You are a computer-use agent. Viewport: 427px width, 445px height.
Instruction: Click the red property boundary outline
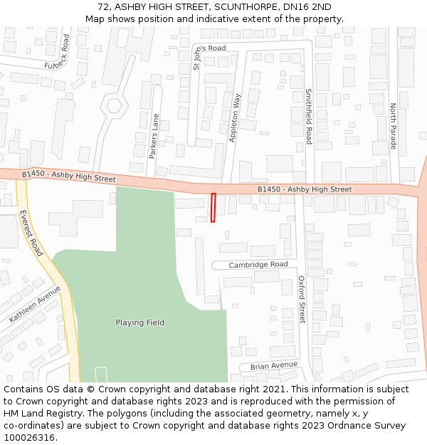coord(213,207)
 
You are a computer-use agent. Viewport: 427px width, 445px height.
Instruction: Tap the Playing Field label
coord(140,323)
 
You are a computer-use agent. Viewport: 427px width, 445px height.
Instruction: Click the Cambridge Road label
coord(258,265)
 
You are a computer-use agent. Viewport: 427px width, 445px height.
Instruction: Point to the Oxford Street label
coord(301,300)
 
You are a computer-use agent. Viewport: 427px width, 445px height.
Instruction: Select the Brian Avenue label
coord(274,366)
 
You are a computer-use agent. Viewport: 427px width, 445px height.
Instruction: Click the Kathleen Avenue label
coord(35,305)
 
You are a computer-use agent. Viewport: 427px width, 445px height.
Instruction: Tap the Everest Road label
coord(31,233)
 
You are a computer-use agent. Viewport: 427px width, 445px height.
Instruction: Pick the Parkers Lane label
coord(154,130)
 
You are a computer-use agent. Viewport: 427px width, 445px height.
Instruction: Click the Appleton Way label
coord(236,117)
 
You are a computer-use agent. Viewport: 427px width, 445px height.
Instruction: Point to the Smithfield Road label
coord(309,116)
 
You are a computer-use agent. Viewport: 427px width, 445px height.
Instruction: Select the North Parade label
coord(393,126)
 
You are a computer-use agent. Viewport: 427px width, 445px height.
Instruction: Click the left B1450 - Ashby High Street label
coord(68,176)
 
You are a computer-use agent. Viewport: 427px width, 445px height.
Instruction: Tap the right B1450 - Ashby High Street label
coord(305,189)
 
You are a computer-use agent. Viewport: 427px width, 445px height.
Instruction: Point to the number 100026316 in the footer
coord(28,437)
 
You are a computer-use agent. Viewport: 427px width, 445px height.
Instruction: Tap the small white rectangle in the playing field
coord(101,375)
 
